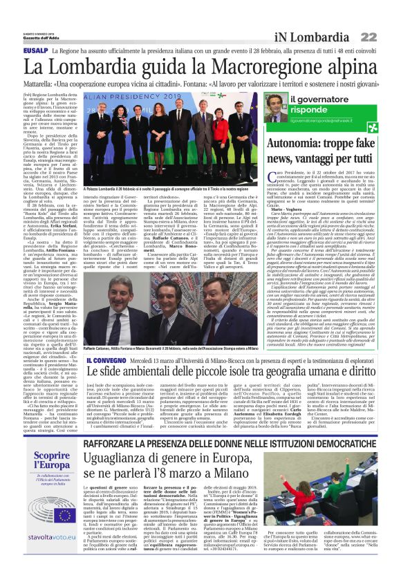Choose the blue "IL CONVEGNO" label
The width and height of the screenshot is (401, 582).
(x=106, y=360)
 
